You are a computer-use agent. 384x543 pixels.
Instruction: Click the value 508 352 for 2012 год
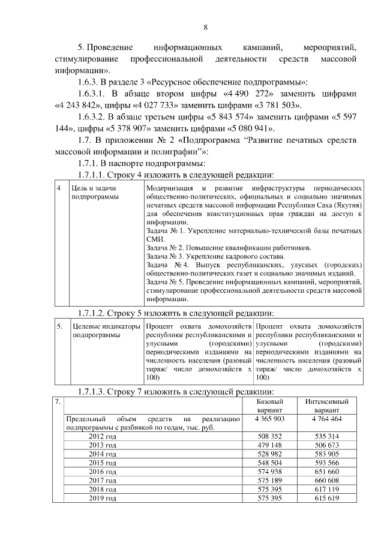click(x=269, y=436)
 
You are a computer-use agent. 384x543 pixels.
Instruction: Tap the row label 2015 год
click(x=103, y=463)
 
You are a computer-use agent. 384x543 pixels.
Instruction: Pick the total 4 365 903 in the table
click(x=269, y=418)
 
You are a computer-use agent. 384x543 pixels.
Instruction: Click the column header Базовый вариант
click(x=269, y=405)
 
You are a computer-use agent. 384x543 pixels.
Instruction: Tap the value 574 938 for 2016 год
click(x=269, y=472)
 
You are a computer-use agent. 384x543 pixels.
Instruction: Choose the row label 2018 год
click(x=103, y=490)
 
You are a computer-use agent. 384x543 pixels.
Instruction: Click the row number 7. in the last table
click(x=57, y=401)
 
